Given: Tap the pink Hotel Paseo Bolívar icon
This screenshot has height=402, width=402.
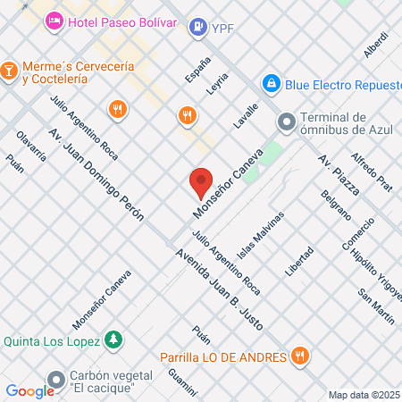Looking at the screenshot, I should click(54, 20).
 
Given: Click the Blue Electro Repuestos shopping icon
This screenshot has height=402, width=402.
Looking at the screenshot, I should click(271, 83).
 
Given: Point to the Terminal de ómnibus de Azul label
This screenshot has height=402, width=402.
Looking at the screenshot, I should click(335, 125).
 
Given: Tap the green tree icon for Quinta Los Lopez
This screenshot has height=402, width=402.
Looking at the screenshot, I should click(113, 339).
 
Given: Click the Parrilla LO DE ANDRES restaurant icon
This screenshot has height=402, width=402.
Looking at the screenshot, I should click(300, 356).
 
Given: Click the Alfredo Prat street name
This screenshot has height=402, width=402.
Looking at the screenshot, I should click(371, 170).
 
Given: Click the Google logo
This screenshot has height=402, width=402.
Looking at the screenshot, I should click(30, 390).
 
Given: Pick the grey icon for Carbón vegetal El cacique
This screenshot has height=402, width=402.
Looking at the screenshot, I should click(57, 378).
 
